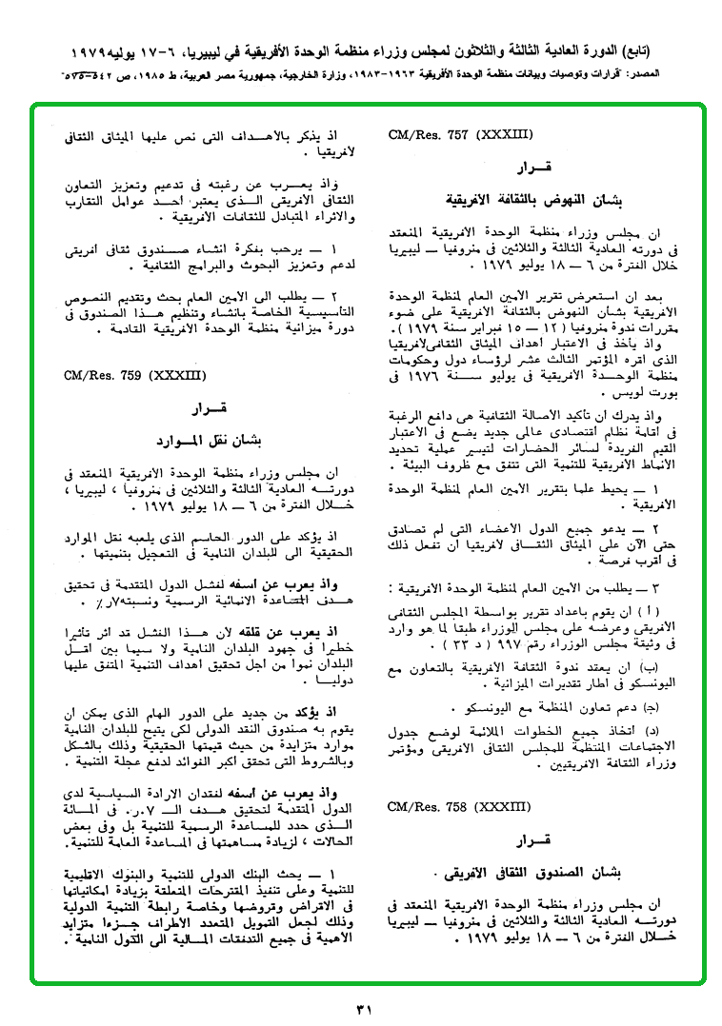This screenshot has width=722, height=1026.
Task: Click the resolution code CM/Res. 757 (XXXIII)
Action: click(460, 135)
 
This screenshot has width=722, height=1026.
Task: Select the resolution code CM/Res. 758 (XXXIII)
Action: click(460, 807)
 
